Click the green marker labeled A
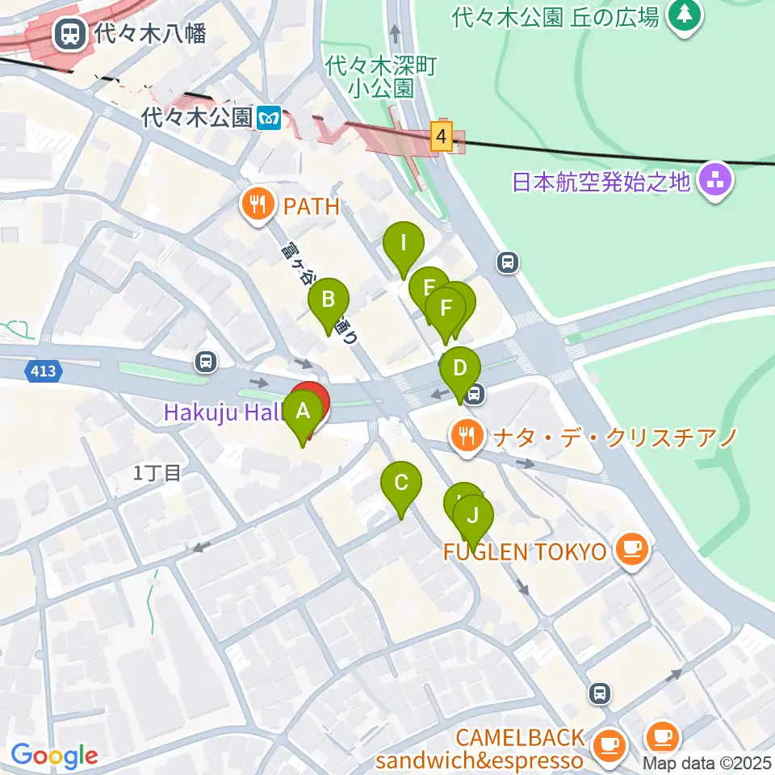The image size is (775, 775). pyautogui.click(x=304, y=412)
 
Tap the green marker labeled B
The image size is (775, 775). pyautogui.click(x=329, y=300)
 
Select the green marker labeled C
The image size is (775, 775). pyautogui.click(x=401, y=484)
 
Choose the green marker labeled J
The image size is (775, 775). pyautogui.click(x=473, y=515)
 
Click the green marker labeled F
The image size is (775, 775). pyautogui.click(x=445, y=309)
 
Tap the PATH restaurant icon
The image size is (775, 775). pyautogui.click(x=258, y=206)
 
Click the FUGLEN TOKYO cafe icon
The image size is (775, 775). pyautogui.click(x=631, y=551)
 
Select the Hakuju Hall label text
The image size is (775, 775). pyautogui.click(x=223, y=413)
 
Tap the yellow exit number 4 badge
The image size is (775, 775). pyautogui.click(x=441, y=136)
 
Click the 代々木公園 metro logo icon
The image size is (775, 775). pyautogui.click(x=270, y=118)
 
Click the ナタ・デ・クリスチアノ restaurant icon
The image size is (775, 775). pyautogui.click(x=467, y=437)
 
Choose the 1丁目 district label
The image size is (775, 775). pyautogui.click(x=157, y=473)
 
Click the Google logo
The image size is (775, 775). pyautogui.click(x=54, y=756)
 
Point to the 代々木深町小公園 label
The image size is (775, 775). pyautogui.click(x=382, y=77)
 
